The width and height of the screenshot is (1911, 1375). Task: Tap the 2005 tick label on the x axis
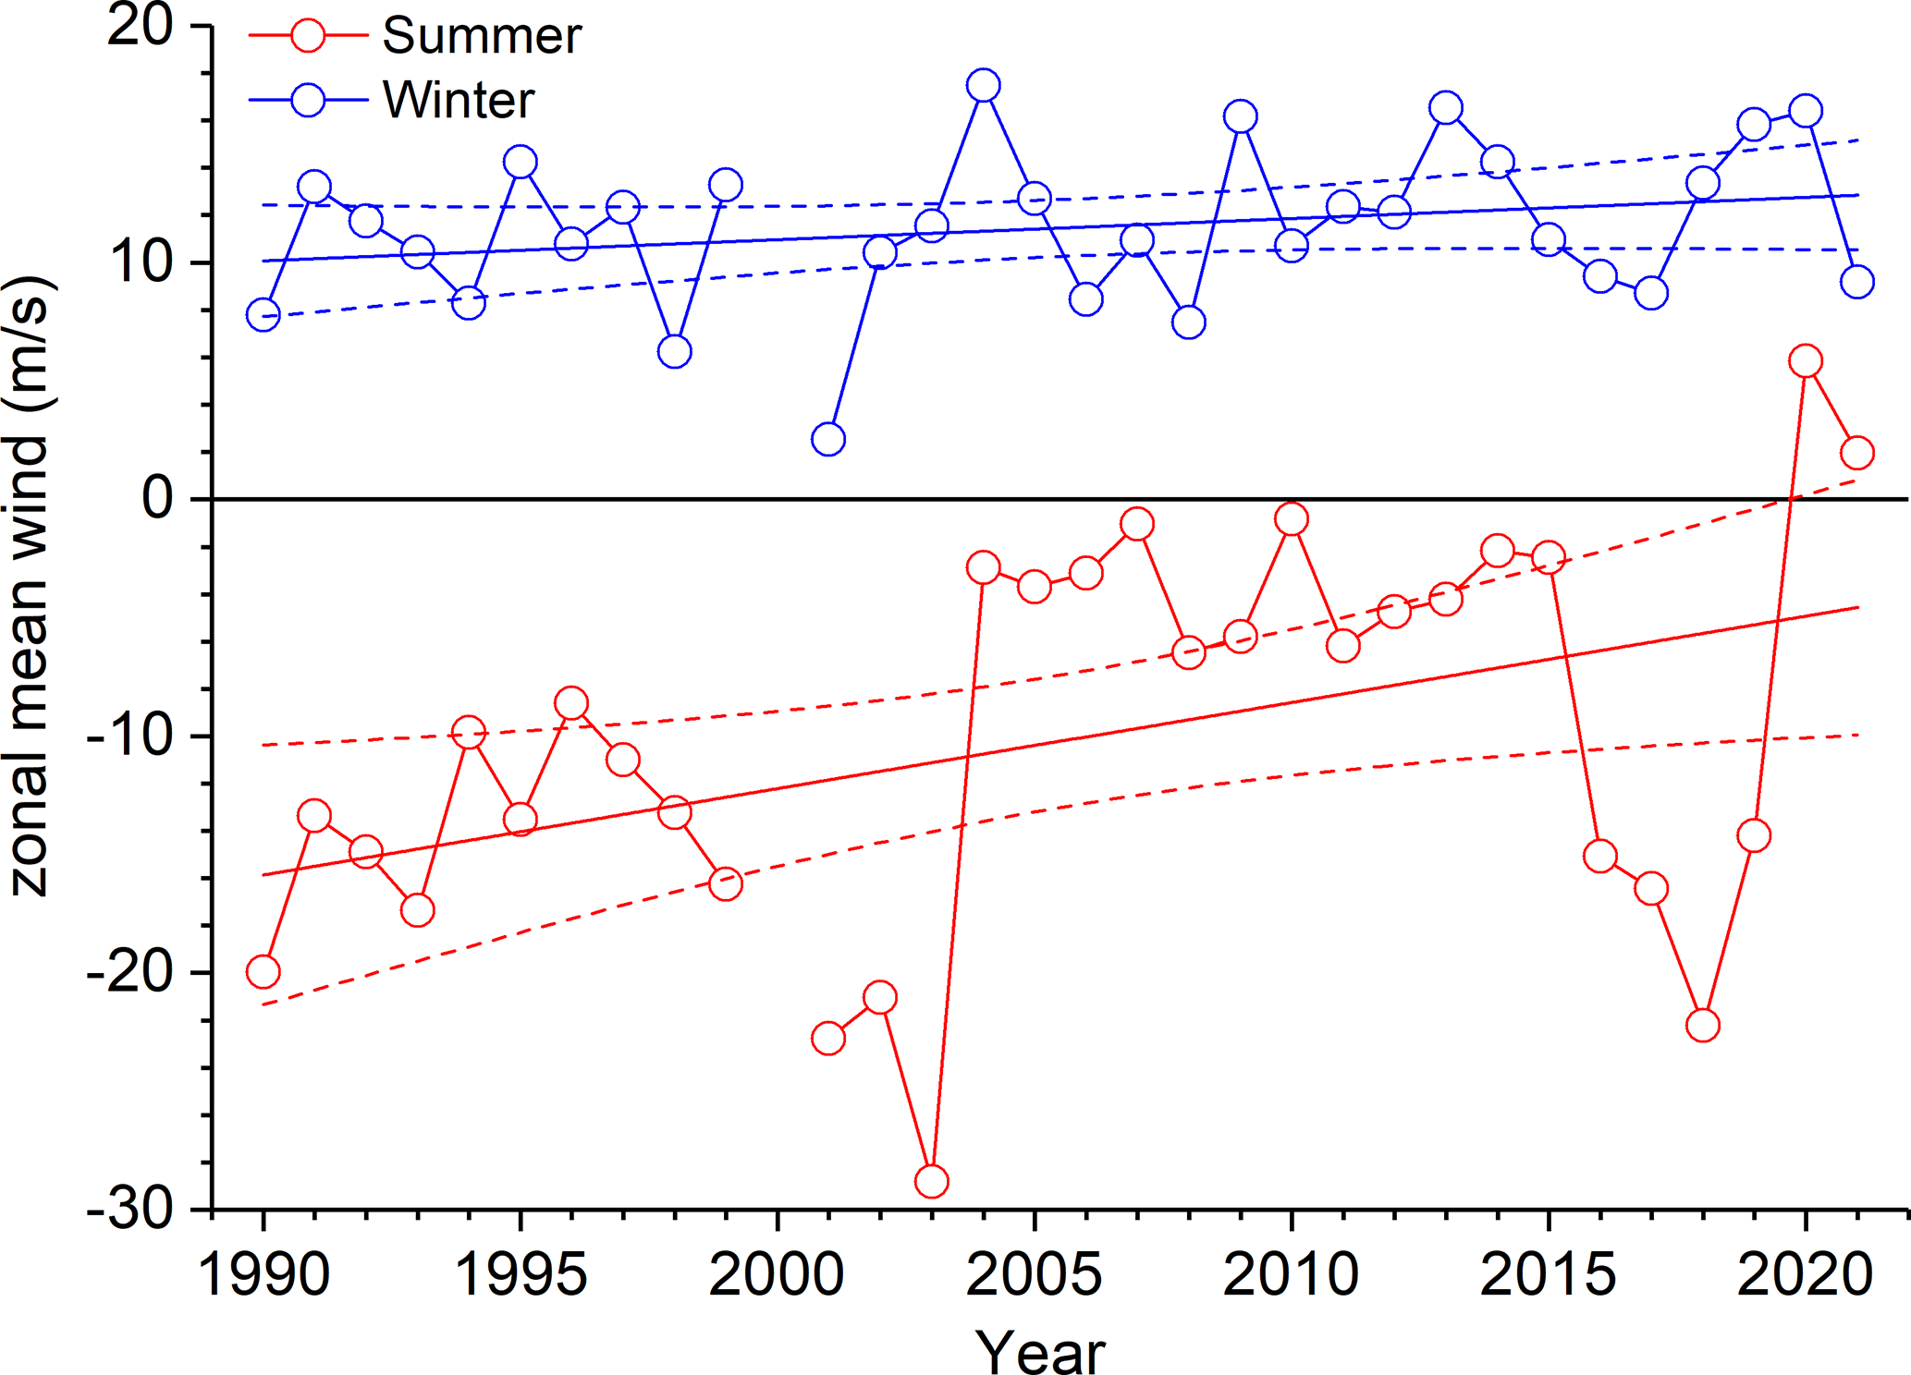1034,1275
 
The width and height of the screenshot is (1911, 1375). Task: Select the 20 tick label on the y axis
141,27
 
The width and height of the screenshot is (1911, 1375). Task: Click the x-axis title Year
1040,1352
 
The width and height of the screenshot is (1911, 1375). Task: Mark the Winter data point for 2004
983,85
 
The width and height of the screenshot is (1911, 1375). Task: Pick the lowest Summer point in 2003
931,1181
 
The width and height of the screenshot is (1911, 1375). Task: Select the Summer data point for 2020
1805,360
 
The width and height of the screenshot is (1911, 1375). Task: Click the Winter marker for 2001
828,439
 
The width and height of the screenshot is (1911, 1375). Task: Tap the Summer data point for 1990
263,972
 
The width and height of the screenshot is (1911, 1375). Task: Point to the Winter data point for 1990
263,315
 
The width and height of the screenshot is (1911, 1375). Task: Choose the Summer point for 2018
1702,1025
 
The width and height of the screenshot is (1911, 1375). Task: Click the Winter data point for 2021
1856,282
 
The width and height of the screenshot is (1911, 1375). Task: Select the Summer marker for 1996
571,703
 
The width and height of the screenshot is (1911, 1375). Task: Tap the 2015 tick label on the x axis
1548,1275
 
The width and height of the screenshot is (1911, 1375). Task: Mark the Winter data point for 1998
675,351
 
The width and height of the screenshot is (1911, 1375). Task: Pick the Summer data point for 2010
1291,519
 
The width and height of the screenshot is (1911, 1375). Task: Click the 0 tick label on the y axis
157,499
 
